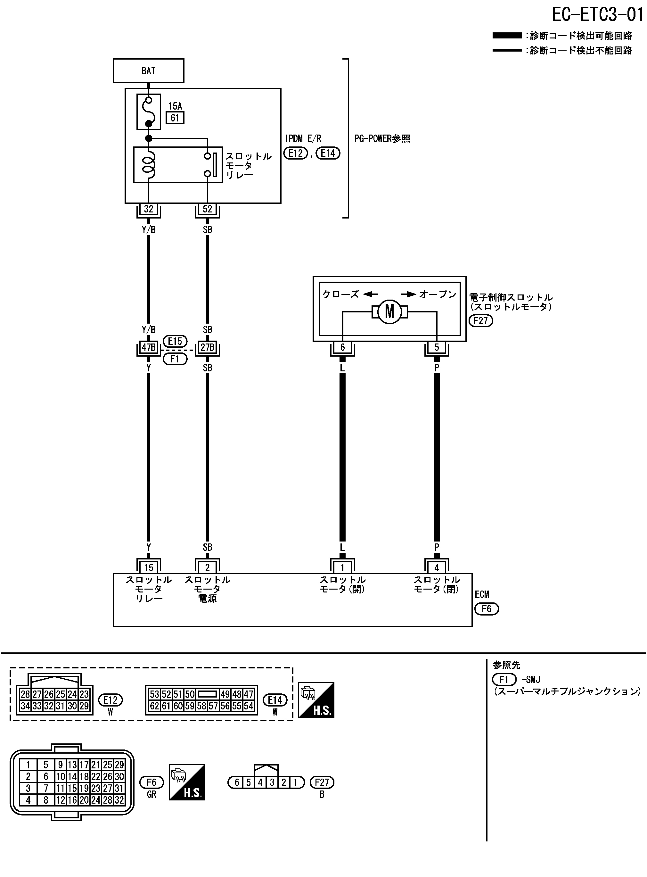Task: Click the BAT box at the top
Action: point(148,70)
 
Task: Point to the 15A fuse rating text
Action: point(175,106)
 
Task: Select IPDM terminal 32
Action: point(148,209)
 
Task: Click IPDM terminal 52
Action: point(207,209)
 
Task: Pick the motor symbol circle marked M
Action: point(389,312)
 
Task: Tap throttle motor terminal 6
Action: point(342,347)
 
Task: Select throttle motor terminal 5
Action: point(437,347)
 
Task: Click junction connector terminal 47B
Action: point(148,347)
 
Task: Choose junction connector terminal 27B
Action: point(207,347)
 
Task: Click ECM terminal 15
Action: point(148,567)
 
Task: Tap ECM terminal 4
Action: point(437,567)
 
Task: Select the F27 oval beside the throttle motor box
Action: point(480,321)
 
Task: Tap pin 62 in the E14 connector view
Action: point(154,706)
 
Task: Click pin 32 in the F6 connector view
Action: point(119,800)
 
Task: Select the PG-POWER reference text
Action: point(382,139)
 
